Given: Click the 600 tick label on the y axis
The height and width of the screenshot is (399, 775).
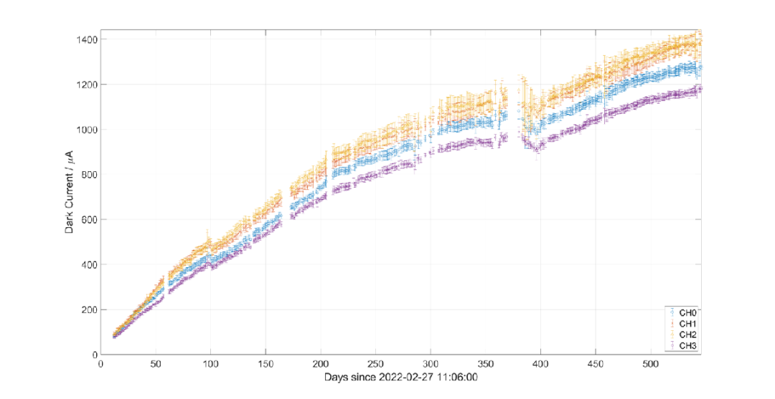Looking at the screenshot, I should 89,219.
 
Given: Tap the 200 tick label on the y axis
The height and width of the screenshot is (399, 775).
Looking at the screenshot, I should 89,309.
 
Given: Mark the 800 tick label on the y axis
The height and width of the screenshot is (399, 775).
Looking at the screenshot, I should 89,174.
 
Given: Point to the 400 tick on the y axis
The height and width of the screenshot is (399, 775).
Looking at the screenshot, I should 89,264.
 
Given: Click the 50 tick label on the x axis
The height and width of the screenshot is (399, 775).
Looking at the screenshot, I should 156,364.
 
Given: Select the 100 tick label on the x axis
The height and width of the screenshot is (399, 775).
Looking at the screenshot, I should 210,364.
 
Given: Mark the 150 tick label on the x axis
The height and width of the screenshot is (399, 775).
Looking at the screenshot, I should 266,364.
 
